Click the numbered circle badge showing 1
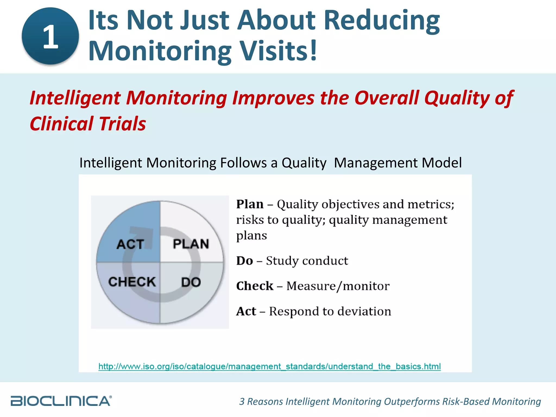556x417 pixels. pos(50,36)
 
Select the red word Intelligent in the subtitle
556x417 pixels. pos(75,98)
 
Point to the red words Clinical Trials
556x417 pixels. pos(88,124)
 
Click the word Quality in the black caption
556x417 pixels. pos(304,163)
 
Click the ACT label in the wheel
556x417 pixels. pos(130,244)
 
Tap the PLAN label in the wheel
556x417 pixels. pos(191,244)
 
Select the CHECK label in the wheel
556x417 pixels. pos(132,282)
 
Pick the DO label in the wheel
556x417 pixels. pos(191,282)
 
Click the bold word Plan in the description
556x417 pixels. pos(250,204)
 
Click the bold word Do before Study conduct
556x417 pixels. pos(245,261)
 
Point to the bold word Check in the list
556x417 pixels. pos(255,286)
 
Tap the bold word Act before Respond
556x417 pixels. pos(246,311)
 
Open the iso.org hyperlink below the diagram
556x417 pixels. pos(269,367)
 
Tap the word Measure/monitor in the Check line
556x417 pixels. pos(338,286)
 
